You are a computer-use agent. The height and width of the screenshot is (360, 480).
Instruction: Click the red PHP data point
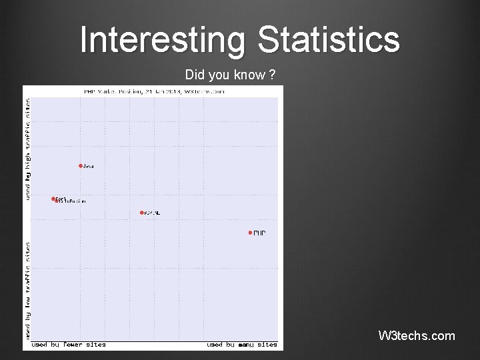point(250,233)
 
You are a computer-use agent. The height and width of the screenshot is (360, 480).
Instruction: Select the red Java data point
point(81,165)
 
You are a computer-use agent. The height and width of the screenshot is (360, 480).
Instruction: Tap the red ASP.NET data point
point(142,213)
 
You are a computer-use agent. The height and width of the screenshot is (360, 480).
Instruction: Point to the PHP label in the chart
point(259,233)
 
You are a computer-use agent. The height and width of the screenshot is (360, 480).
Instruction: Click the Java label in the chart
point(89,166)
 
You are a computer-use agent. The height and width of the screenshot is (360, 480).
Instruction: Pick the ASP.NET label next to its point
point(153,213)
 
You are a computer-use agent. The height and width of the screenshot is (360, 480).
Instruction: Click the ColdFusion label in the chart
point(73,201)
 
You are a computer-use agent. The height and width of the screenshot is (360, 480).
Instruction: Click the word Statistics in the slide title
point(329,39)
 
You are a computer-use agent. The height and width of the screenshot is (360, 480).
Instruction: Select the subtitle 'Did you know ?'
point(231,75)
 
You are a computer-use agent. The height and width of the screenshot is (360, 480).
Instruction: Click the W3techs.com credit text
point(417,335)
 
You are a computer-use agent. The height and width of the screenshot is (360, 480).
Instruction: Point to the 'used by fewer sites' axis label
point(69,345)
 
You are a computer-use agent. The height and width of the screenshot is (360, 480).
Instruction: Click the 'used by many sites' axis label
point(242,345)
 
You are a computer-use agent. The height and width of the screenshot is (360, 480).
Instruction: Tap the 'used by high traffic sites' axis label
point(27,149)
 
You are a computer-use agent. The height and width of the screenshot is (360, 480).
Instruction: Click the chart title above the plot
point(154,91)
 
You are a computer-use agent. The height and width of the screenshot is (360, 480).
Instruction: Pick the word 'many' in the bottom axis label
point(247,345)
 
